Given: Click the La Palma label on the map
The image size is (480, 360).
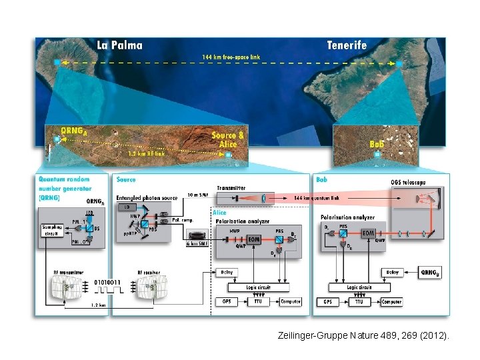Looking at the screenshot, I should pos(119,45).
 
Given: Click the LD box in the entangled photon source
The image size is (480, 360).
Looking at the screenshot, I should pos(127,207).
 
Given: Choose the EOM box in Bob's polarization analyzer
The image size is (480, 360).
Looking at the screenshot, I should pos(367,233).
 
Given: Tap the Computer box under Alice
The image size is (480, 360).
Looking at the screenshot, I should pos(290,301).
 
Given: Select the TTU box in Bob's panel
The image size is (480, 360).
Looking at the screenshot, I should pos(359,301).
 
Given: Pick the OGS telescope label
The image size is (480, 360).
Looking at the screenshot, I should pos(408,183).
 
